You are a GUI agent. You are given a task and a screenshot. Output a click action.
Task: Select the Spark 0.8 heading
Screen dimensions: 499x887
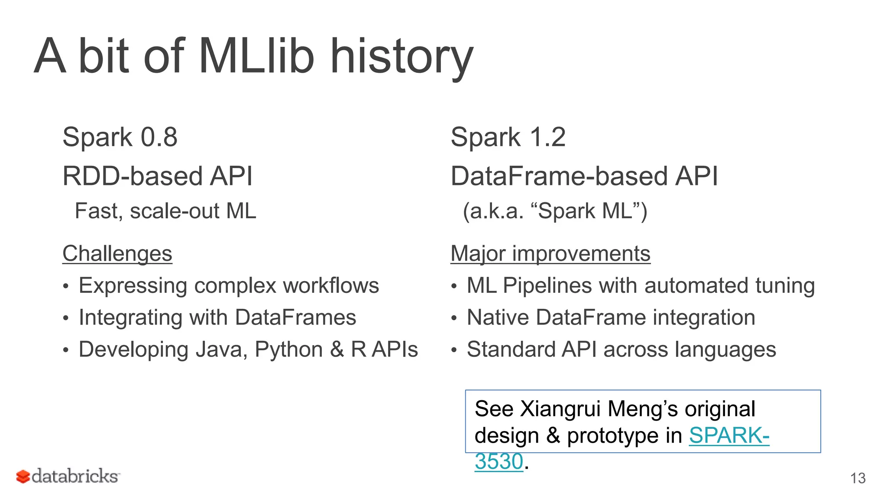(x=120, y=137)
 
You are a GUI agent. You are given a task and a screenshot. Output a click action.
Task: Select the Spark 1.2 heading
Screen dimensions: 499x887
(x=508, y=137)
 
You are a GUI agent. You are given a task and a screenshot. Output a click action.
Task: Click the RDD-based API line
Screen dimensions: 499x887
(x=157, y=176)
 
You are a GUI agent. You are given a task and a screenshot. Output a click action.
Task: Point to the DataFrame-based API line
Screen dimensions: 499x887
(x=584, y=176)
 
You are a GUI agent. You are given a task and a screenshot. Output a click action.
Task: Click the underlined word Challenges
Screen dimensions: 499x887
(x=117, y=253)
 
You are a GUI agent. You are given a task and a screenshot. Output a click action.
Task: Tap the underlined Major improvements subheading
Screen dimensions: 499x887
(x=550, y=253)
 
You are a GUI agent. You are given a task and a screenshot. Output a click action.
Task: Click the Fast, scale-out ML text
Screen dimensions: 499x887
(x=165, y=211)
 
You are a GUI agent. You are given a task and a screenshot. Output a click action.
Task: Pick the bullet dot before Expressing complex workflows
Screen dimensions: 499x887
(x=65, y=286)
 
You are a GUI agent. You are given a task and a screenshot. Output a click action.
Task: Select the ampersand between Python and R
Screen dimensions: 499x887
(x=337, y=350)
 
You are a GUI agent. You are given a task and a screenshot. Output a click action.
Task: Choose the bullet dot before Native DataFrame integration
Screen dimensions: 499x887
(x=453, y=318)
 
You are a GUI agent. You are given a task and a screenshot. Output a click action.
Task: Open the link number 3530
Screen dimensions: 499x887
(x=499, y=461)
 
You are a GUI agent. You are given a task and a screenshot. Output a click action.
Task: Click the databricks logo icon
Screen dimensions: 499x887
(x=23, y=476)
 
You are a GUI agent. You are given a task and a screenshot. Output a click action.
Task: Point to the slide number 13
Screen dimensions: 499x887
(x=858, y=478)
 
